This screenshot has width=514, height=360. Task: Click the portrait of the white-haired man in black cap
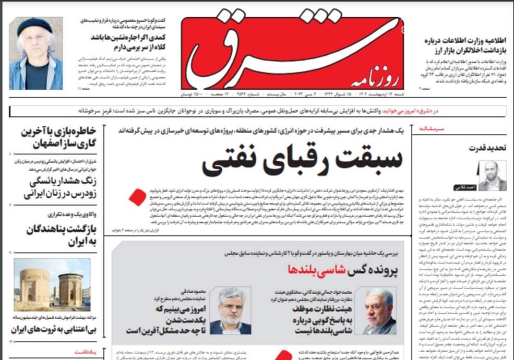(x=36, y=53)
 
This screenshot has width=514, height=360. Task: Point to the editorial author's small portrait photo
(x=493, y=176)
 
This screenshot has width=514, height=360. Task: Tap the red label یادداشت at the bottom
(x=87, y=352)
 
